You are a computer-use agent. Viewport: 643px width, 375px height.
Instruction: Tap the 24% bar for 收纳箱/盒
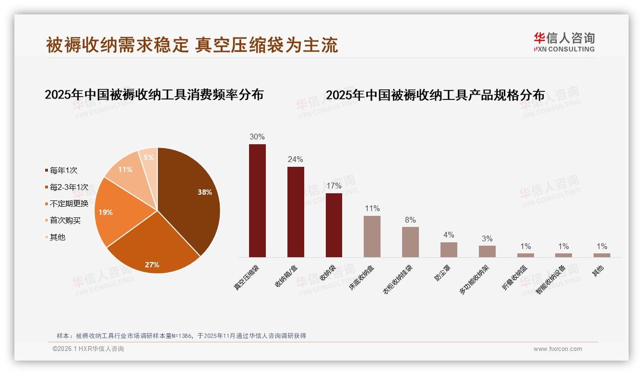click(296, 212)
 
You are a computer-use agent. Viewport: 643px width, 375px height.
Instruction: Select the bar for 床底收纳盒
click(372, 237)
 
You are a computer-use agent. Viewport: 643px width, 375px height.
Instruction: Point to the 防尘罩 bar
click(449, 250)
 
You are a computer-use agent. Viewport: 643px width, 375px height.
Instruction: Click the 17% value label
click(333, 186)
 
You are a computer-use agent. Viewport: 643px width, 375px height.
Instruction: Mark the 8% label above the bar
click(410, 220)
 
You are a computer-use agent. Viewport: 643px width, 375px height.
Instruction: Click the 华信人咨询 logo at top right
click(564, 42)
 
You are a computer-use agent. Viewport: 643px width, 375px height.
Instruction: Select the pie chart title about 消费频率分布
click(154, 94)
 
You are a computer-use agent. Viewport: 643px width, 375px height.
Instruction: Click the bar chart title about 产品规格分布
click(435, 95)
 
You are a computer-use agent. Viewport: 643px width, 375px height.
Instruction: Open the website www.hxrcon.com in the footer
click(558, 349)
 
